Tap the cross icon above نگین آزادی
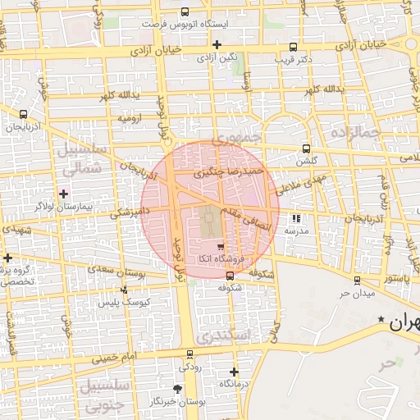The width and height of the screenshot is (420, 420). (217, 44)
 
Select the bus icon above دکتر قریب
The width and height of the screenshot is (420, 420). (294, 47)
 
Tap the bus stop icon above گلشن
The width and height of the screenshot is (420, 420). (306, 149)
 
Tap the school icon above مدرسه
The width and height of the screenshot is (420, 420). (296, 219)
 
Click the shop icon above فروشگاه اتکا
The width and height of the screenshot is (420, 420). (219, 246)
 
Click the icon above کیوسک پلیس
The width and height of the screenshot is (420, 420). (124, 290)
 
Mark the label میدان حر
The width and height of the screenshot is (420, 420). (358, 293)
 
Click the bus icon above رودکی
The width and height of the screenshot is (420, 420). (190, 354)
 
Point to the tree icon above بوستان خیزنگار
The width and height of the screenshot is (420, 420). (179, 388)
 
